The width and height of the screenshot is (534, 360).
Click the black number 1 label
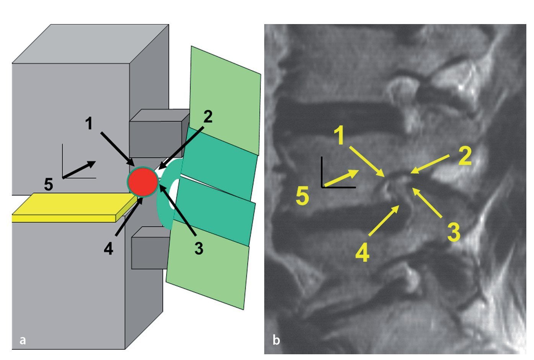point(89,124)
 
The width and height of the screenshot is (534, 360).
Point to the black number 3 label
point(199,249)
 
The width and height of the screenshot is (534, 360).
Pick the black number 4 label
point(108,249)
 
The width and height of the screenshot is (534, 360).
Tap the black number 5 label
point(48,185)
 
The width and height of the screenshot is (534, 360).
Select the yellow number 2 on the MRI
point(464,156)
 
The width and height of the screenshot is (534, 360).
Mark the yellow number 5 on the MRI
point(302,196)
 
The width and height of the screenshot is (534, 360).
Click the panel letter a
point(23,340)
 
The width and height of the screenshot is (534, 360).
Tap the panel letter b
point(276,340)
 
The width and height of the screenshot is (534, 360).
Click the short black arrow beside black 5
point(79,169)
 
